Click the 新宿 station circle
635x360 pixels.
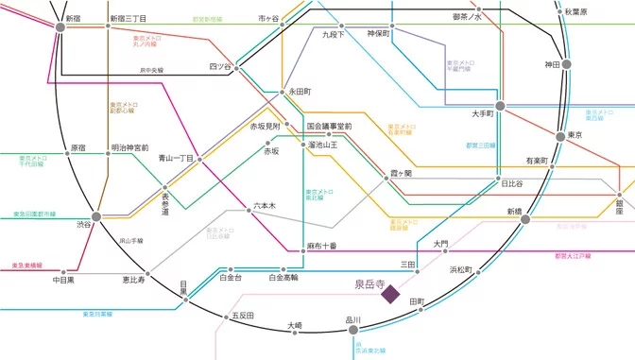(x=61, y=27)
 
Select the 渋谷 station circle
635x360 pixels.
(x=97, y=216)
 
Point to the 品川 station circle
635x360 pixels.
(x=353, y=330)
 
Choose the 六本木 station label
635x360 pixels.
(x=265, y=205)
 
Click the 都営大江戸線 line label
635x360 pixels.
(x=574, y=255)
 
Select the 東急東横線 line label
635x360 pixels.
(x=27, y=266)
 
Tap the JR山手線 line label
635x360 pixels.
(x=130, y=241)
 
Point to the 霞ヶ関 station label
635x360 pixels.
(x=401, y=173)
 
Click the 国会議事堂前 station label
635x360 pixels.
(x=329, y=126)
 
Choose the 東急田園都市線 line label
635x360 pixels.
(x=34, y=214)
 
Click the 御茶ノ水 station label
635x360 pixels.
(x=467, y=17)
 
